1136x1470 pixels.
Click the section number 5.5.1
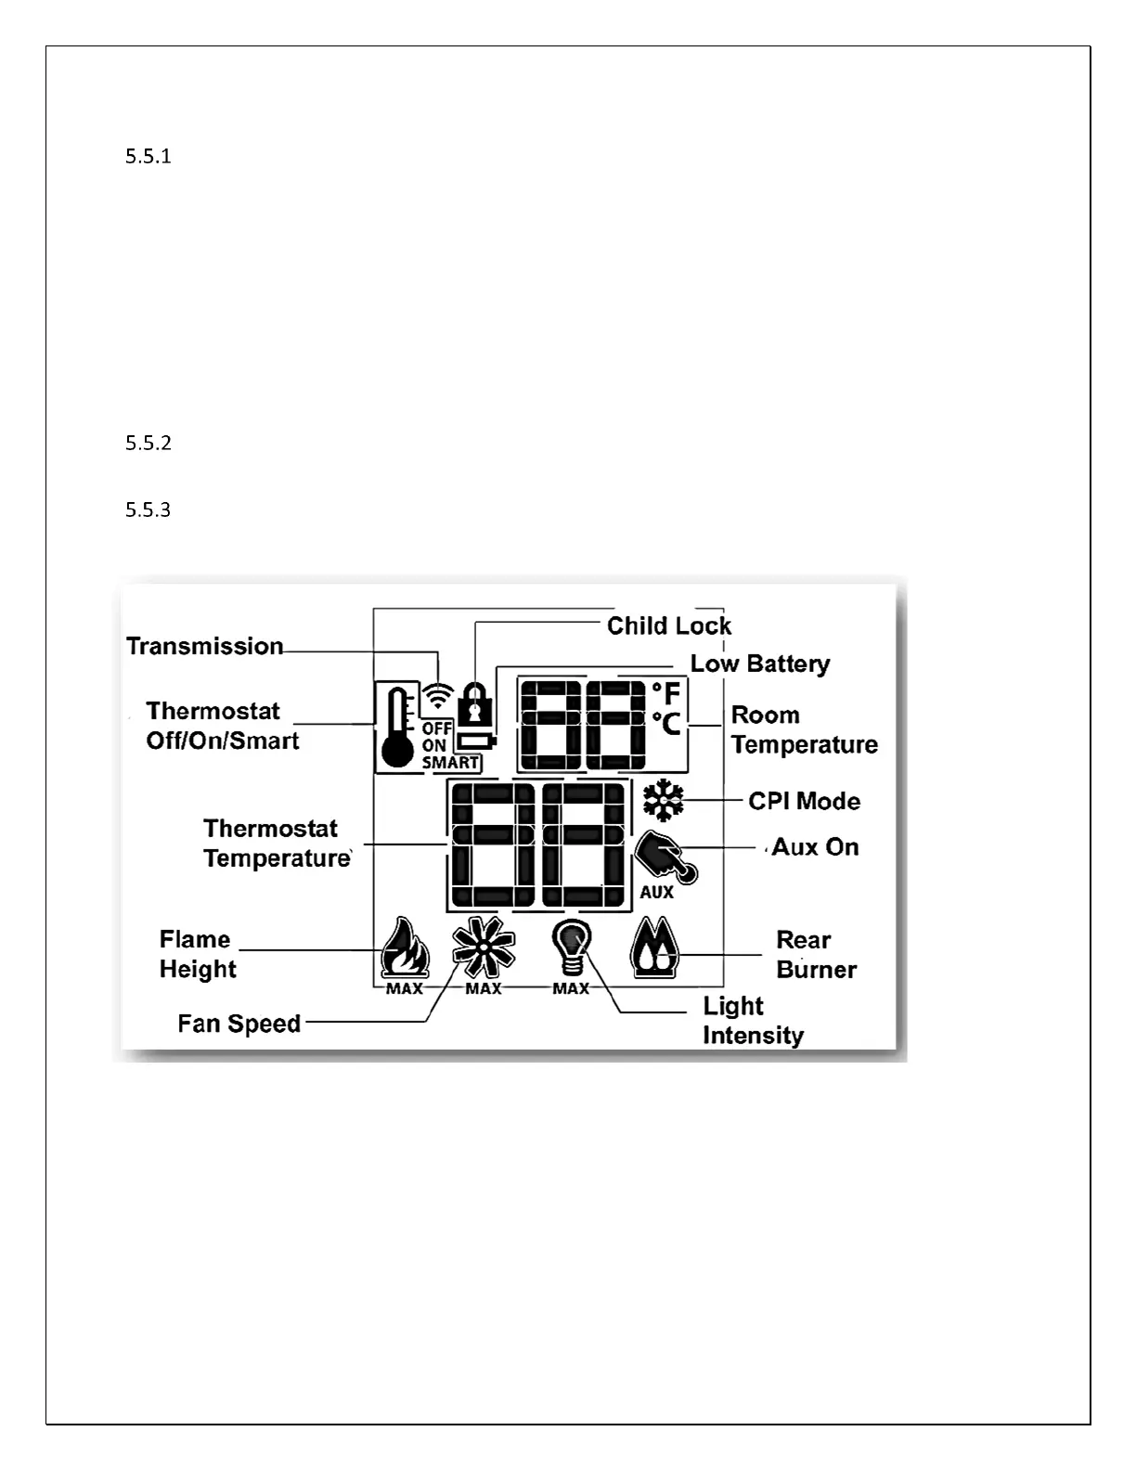click(x=148, y=156)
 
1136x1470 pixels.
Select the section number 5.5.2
click(x=148, y=443)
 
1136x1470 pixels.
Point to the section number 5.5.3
click(x=148, y=509)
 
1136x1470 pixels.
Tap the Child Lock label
click(x=668, y=625)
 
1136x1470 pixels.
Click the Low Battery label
click(x=759, y=664)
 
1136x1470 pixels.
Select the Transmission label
click(x=204, y=646)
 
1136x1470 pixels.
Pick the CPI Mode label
click(x=804, y=801)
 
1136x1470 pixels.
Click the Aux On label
click(x=815, y=846)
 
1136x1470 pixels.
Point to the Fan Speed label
click(x=239, y=1024)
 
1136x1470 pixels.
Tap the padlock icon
click(x=475, y=702)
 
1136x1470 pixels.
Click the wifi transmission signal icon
click(x=437, y=696)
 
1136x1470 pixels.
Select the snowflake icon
click(x=663, y=800)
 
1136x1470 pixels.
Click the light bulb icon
click(x=571, y=947)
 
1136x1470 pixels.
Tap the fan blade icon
click(x=483, y=947)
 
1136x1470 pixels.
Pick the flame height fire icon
click(x=406, y=948)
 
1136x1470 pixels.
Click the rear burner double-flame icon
click(x=655, y=948)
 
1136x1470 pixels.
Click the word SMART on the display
click(x=450, y=763)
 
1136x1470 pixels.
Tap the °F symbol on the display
click(x=666, y=693)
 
